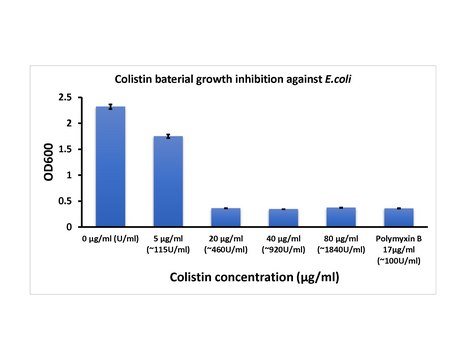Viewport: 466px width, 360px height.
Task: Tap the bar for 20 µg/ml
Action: point(225,217)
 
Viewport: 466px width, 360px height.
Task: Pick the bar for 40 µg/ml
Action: point(283,218)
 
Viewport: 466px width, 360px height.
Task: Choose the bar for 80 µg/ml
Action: point(341,217)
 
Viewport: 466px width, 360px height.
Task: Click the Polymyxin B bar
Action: point(398,217)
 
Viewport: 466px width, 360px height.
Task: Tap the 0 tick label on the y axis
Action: point(68,227)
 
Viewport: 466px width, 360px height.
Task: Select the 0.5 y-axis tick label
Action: point(64,201)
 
